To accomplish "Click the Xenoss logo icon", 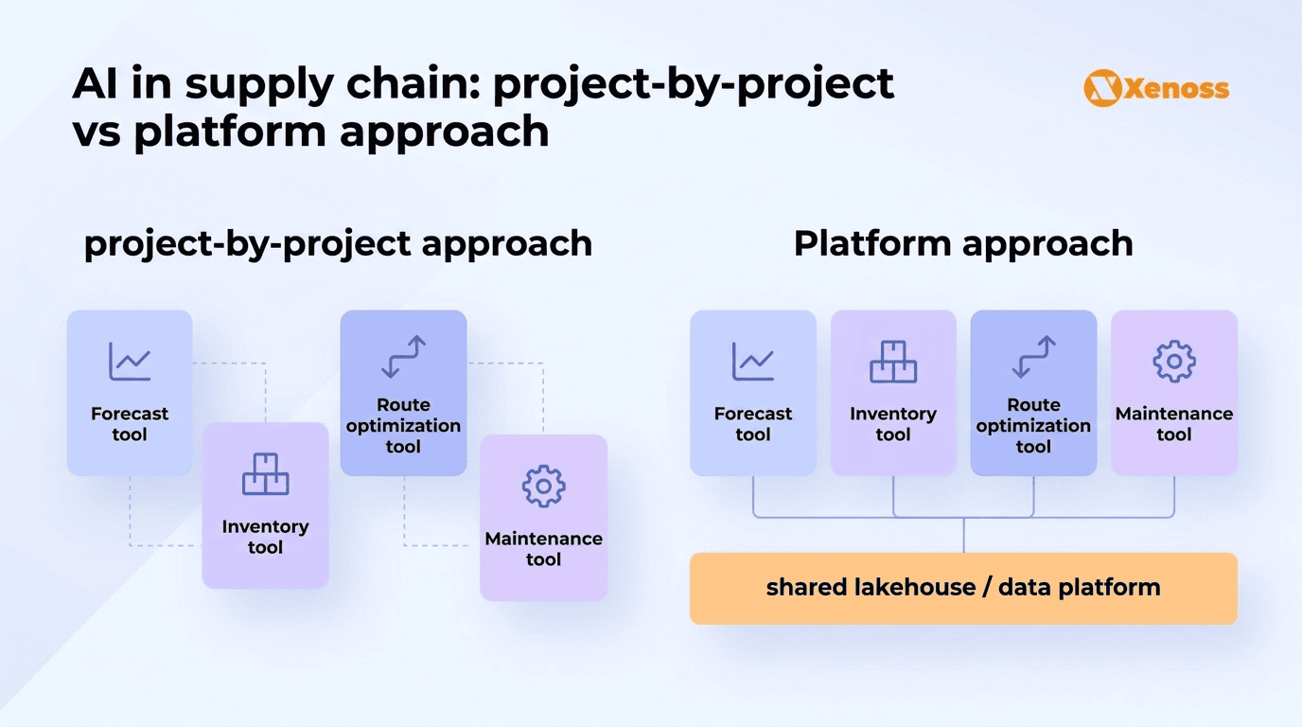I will (1101, 88).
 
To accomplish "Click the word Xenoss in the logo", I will (1176, 89).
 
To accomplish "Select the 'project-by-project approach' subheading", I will (338, 243).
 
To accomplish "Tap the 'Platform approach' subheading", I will (962, 243).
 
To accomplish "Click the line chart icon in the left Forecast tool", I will (130, 361).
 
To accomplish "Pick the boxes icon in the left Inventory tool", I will (265, 473).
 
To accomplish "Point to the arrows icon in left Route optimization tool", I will (403, 357).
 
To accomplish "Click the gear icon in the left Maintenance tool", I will (543, 486).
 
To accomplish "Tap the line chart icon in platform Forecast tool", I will (752, 361).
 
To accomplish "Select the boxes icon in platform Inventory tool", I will (893, 361).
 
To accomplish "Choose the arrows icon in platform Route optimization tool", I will (1033, 357).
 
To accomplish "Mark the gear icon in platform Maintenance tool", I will (1173, 361).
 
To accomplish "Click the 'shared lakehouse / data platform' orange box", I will (963, 588).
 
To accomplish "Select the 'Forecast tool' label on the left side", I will (130, 424).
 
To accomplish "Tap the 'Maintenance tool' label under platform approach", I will (1173, 424).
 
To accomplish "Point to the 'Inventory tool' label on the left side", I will (265, 537).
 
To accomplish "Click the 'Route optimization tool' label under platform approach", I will (1033, 425).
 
